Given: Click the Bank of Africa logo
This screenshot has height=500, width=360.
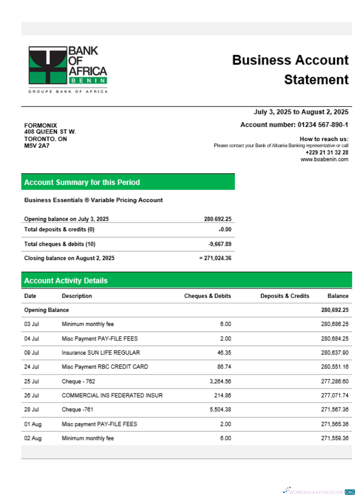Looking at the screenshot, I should pos(67,69).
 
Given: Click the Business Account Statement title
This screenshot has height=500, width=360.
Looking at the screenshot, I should pos(290,70).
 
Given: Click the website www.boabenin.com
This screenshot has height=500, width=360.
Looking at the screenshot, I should pos(324,159).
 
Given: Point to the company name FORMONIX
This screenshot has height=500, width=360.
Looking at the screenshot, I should pos(40,125).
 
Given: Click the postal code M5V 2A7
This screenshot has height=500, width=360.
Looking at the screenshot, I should pos(34,146).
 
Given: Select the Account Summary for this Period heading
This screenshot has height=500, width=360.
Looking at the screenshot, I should pos(82,182).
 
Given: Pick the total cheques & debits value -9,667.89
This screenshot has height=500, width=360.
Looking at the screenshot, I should pos(219,244).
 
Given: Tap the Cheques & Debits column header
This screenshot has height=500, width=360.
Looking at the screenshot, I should pos(207,296).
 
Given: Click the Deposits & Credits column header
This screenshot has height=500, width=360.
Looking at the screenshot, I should pos(284,296).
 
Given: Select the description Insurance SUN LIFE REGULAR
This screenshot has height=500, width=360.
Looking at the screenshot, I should pos(100,353).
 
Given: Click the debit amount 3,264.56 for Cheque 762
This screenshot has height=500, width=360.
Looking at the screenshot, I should pos(220,381).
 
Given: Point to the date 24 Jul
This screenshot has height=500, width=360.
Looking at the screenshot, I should pos(31,367).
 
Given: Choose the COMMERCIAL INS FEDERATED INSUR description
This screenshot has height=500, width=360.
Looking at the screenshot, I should pos(112,395).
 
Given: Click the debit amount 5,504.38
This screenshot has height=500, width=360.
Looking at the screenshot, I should pos(220,410).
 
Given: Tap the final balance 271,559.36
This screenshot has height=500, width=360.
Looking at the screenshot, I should pos(334,438).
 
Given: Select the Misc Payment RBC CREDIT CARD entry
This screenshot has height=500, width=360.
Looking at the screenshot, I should pos(104,367).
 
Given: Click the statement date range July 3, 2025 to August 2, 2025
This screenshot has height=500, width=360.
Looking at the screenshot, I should pos(301,112).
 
